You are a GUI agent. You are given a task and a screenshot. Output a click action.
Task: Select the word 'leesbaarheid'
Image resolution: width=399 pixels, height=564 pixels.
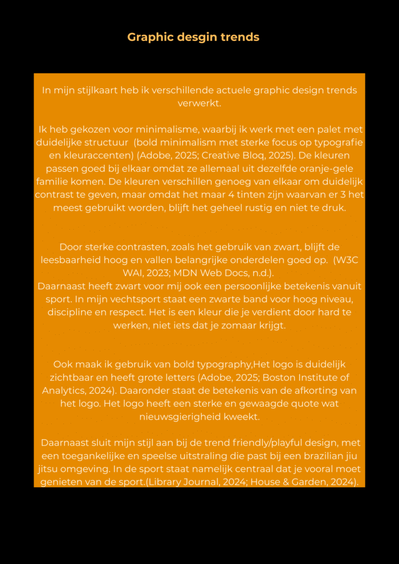71,260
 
